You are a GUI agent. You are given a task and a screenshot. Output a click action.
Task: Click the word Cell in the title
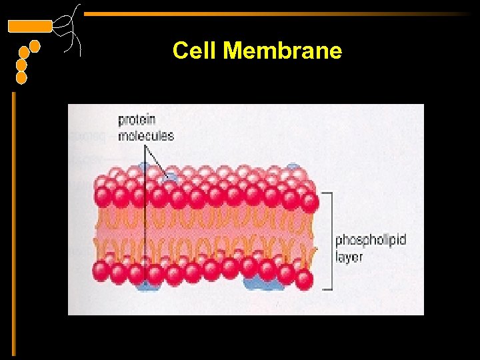click(194, 51)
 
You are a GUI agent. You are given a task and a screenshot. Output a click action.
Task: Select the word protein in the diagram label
click(137, 120)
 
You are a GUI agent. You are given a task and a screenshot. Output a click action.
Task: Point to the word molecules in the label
click(146, 135)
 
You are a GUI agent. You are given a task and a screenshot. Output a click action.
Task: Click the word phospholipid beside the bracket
click(370, 240)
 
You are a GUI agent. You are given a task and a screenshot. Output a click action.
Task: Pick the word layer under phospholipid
click(349, 257)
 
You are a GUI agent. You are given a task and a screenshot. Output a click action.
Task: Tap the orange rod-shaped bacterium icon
click(29, 26)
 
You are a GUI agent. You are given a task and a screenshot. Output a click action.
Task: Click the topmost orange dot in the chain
click(35, 46)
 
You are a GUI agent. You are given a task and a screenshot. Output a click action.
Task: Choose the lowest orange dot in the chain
click(21, 78)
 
